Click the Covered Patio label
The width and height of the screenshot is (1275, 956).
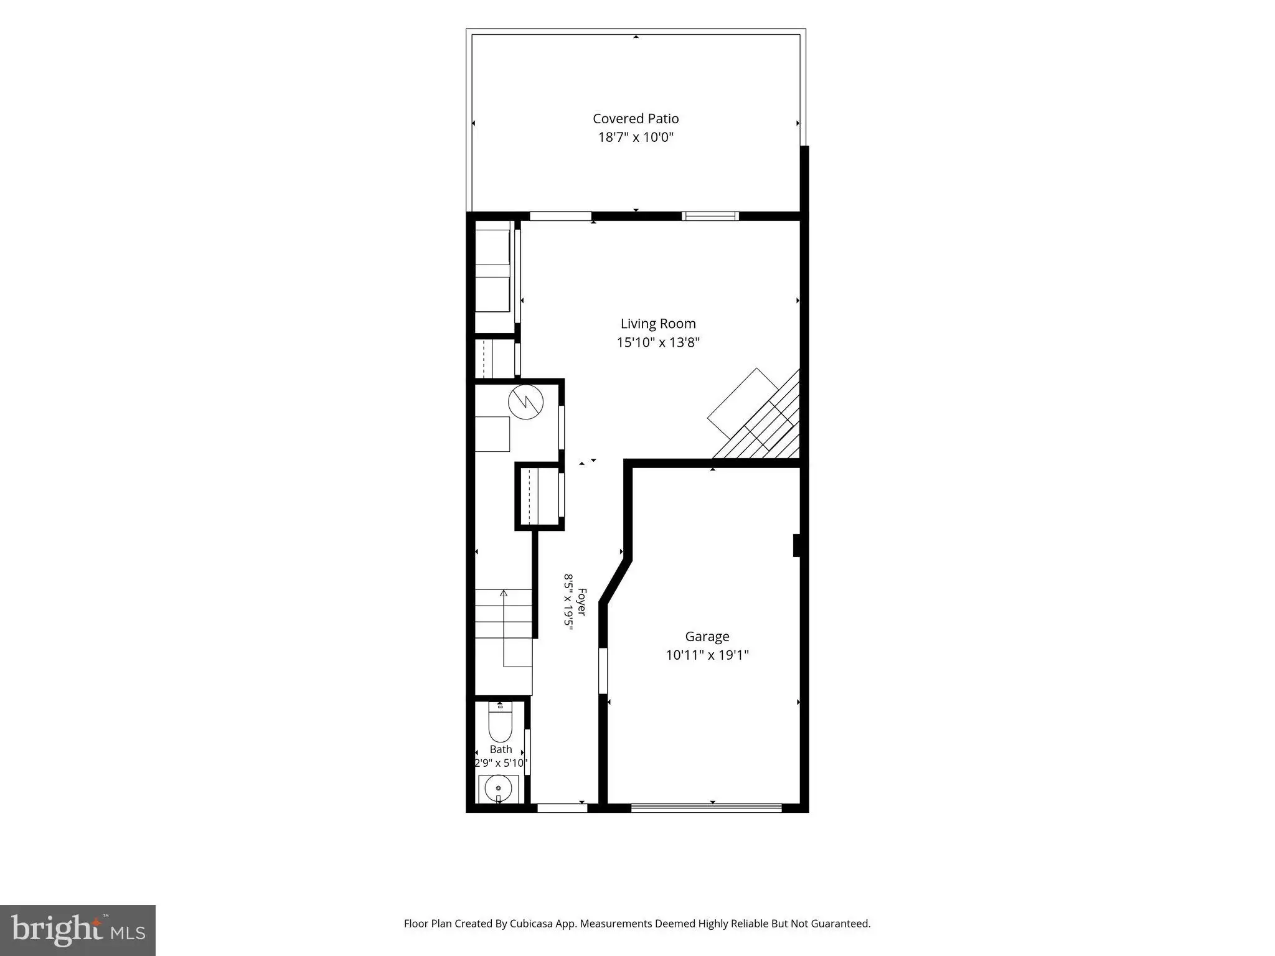[x=636, y=118]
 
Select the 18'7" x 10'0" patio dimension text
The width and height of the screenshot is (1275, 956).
[x=636, y=137]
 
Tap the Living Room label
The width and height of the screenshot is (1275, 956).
[x=658, y=324]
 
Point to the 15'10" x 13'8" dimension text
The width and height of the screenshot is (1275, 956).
[x=658, y=342]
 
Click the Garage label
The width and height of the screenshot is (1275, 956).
[x=707, y=637]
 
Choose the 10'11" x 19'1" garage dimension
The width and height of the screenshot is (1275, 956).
[x=707, y=655]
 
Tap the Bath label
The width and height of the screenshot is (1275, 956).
[x=501, y=749]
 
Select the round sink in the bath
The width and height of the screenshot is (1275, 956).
[x=498, y=789]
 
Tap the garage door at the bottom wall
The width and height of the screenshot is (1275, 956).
[x=707, y=807]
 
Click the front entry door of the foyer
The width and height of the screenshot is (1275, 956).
[x=562, y=808]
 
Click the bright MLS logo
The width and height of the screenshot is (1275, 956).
[x=78, y=930]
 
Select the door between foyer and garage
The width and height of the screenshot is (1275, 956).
[x=603, y=671]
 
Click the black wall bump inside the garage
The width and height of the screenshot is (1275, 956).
[x=796, y=545]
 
